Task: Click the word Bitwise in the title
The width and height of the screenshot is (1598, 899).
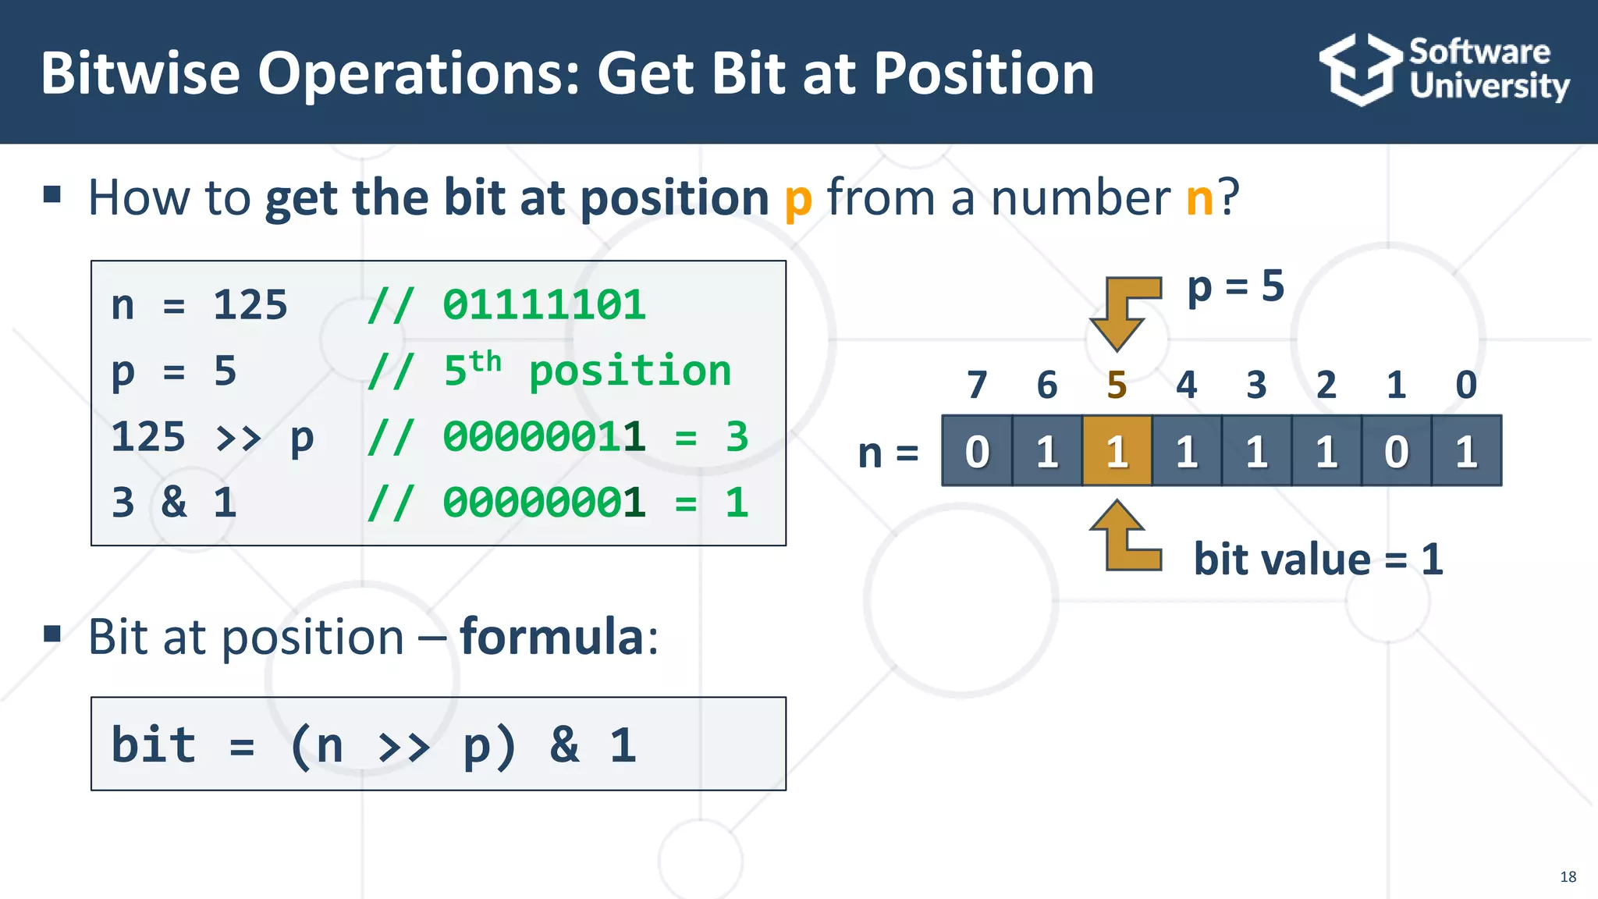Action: pyautogui.click(x=140, y=73)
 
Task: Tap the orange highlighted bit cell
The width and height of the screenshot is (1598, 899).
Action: pyautogui.click(x=1117, y=451)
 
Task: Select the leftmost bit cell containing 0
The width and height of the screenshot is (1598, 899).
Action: pyautogui.click(x=977, y=451)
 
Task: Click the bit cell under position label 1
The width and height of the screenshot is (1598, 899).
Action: pyautogui.click(x=1396, y=451)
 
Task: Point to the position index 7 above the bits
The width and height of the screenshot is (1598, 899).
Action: pyautogui.click(x=977, y=385)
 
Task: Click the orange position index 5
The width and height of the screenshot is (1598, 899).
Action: pyautogui.click(x=1117, y=385)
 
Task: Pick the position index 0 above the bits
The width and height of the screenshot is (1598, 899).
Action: pyautogui.click(x=1466, y=385)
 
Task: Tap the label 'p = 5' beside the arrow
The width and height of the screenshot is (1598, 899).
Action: pyautogui.click(x=1235, y=286)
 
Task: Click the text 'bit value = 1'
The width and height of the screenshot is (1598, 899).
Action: pyautogui.click(x=1318, y=560)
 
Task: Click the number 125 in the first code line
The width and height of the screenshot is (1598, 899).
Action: pyautogui.click(x=250, y=305)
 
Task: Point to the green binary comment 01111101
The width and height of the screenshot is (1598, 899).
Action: pyautogui.click(x=544, y=305)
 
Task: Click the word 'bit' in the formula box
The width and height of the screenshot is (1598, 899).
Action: pyautogui.click(x=154, y=744)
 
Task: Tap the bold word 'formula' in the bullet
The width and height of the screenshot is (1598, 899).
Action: pyautogui.click(x=551, y=637)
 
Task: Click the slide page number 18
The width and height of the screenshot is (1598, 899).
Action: pyautogui.click(x=1568, y=876)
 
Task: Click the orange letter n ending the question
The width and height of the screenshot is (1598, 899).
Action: pyautogui.click(x=1199, y=197)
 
